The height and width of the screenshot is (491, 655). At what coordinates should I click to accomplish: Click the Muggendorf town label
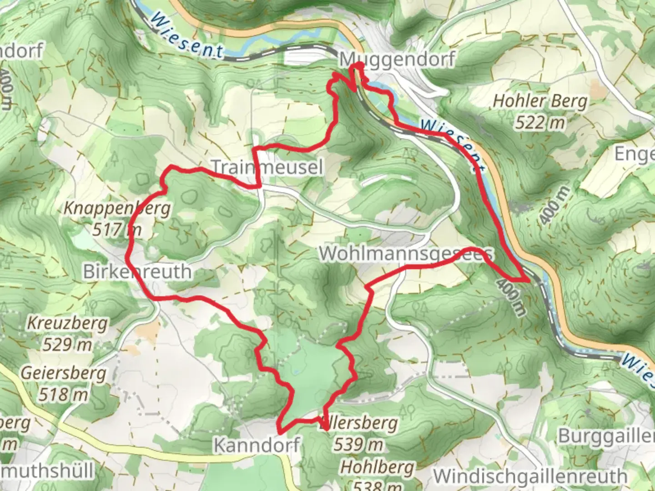point(397,60)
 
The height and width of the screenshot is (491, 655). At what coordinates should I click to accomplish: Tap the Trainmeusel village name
point(267,167)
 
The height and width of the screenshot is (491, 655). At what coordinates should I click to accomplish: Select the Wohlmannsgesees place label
point(406,254)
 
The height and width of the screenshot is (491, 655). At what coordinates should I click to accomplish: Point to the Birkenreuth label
point(137,272)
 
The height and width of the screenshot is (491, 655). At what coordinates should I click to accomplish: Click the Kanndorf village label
point(257,445)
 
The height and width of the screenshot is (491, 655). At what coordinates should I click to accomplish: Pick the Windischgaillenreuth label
point(530,476)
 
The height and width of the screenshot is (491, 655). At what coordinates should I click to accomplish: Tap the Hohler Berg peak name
point(540,101)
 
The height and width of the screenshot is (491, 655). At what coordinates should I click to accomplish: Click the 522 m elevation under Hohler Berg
point(540,122)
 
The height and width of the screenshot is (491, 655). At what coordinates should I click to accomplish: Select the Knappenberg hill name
point(117,208)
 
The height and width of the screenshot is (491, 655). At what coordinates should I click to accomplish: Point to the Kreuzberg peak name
point(67,324)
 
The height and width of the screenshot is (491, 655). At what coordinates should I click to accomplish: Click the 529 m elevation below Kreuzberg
point(67,345)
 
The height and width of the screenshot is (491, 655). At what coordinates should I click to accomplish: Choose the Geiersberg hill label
point(63,373)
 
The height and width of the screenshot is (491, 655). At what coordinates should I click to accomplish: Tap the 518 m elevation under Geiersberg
point(63,394)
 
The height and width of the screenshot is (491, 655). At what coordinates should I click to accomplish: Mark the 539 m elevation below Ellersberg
point(358,444)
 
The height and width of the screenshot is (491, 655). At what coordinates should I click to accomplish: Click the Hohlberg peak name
point(377,467)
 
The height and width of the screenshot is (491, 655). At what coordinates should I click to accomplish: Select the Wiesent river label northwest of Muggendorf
point(186,35)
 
